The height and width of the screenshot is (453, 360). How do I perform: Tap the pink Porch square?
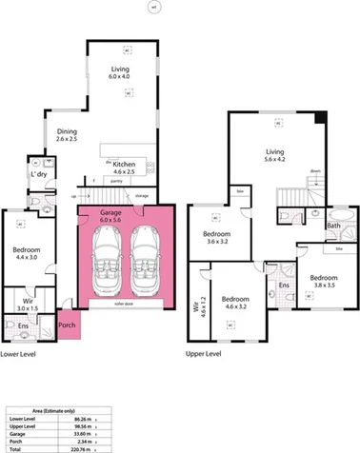(69, 323)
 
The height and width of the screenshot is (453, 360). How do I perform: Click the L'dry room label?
(39, 175)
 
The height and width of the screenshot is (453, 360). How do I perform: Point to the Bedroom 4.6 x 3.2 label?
(230, 302)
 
